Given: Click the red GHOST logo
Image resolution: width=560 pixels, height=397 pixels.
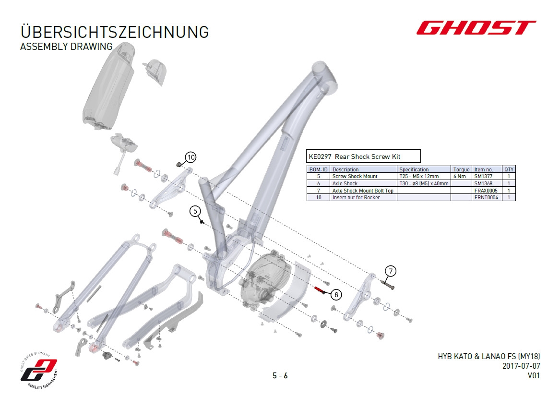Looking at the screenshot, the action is [x=476, y=27].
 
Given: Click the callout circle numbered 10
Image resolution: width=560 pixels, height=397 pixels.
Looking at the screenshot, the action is [x=191, y=157].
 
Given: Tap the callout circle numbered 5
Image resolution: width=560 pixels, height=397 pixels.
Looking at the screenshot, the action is [x=195, y=211].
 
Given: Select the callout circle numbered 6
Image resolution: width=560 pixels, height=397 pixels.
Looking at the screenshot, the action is [x=336, y=295].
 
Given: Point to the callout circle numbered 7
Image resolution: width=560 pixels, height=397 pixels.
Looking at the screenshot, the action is [x=391, y=271].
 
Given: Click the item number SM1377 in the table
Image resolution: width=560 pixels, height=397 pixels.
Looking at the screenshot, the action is [x=483, y=176].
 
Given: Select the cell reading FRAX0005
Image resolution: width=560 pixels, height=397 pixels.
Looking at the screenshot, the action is [x=486, y=191].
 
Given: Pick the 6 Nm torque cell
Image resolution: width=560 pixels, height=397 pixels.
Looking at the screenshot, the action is [x=460, y=176].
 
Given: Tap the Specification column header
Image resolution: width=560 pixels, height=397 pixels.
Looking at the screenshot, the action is [x=414, y=169].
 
